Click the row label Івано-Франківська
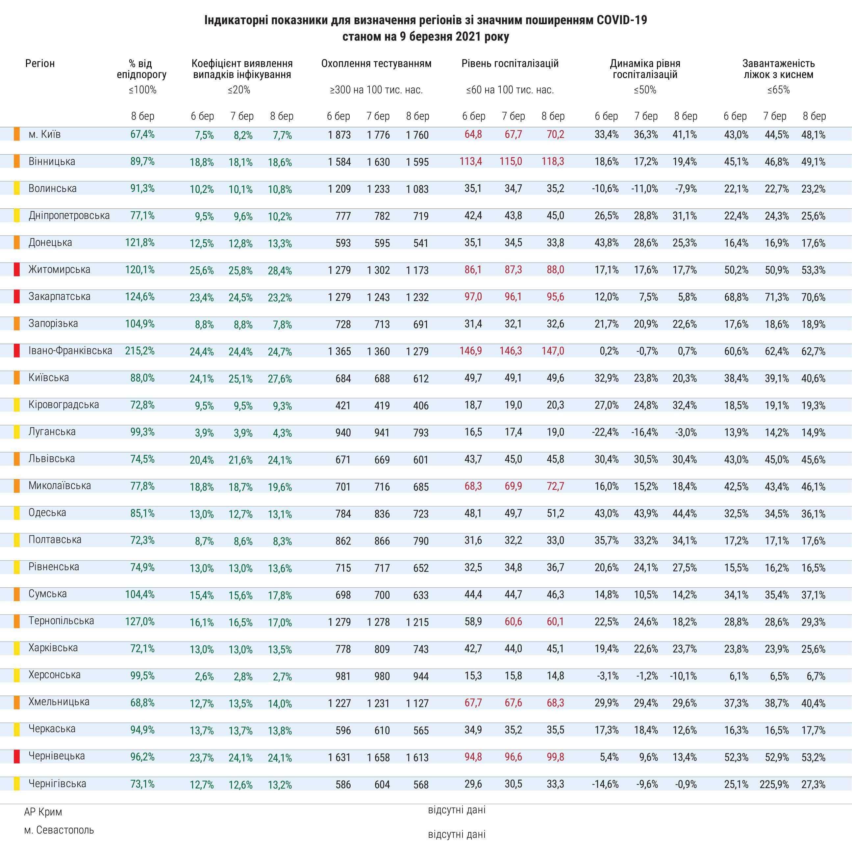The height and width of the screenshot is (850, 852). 70,351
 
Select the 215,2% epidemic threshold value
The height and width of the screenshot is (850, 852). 140,351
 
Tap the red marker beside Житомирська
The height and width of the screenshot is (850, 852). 17,270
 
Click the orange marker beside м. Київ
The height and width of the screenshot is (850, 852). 17,134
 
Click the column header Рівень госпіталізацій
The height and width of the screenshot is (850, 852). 510,64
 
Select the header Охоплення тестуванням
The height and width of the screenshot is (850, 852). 376,64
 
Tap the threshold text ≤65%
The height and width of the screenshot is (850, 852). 778,90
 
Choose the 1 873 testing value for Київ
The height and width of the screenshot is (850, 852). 339,135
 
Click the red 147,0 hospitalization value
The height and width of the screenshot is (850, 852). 553,351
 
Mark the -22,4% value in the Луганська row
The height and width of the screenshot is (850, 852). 606,432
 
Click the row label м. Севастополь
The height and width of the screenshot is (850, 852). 59,830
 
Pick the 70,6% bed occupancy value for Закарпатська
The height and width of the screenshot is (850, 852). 813,297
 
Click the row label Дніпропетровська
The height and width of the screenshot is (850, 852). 69,216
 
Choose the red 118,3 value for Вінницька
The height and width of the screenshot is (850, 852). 553,162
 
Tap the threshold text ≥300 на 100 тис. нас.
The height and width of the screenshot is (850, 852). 376,90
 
